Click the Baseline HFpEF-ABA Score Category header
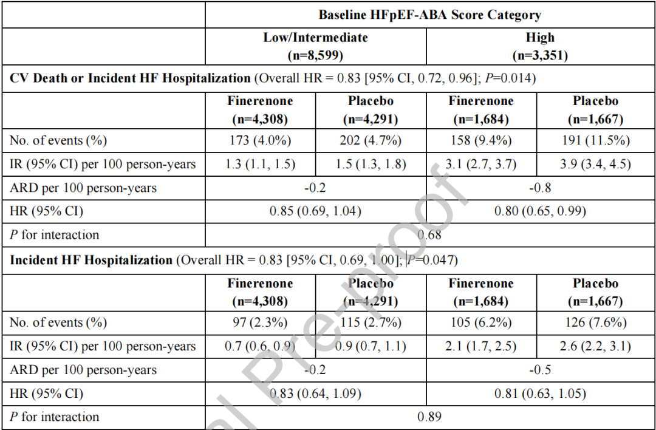tap(429, 15)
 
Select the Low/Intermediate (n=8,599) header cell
tap(315, 46)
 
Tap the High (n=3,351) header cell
tap(540, 46)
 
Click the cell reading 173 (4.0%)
tap(260, 140)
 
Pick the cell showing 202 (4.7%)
tap(371, 140)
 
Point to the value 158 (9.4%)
tap(481, 140)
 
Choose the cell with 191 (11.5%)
tap(596, 140)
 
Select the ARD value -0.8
tap(540, 188)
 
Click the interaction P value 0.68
tap(429, 234)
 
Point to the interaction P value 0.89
tap(429, 417)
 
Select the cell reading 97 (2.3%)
tap(260, 322)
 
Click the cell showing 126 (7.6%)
tap(596, 322)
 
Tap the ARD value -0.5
tap(540, 370)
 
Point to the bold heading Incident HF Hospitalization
tap(91, 260)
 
